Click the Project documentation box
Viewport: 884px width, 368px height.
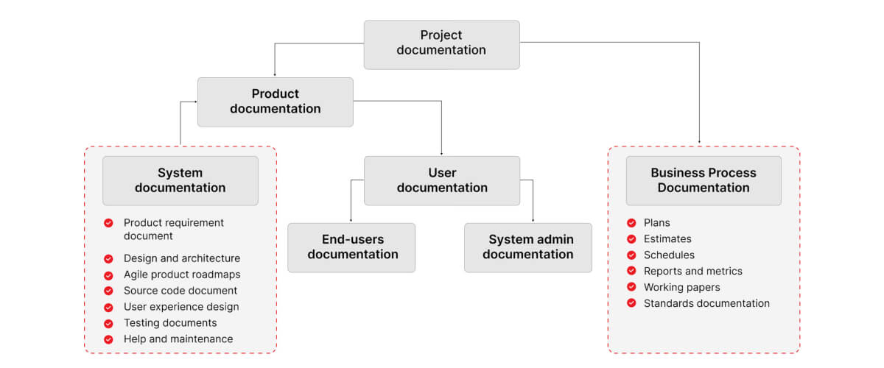click(x=441, y=44)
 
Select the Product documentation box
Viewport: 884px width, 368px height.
click(x=275, y=102)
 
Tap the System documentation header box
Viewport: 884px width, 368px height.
click(x=180, y=180)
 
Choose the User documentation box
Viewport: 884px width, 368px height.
click(x=441, y=180)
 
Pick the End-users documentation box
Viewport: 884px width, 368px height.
click(x=351, y=247)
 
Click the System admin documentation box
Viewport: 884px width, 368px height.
click(x=527, y=247)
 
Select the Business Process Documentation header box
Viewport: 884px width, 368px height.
click(x=703, y=180)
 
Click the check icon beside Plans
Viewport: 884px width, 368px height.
click(x=631, y=222)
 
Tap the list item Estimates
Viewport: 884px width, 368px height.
click(x=667, y=238)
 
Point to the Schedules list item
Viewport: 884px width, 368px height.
click(x=669, y=255)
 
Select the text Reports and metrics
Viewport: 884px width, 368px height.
click(x=692, y=271)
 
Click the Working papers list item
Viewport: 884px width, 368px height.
click(x=681, y=287)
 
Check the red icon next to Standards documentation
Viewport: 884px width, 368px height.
click(x=631, y=303)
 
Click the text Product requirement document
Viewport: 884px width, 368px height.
click(x=173, y=229)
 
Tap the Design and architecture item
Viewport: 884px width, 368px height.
click(x=181, y=258)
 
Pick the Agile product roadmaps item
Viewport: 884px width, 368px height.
click(x=181, y=275)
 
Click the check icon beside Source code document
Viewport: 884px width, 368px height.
click(x=108, y=291)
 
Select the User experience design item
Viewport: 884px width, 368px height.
click(x=180, y=307)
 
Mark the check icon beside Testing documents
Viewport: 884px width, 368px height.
click(x=108, y=323)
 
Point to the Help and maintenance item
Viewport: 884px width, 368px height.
click(x=178, y=339)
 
